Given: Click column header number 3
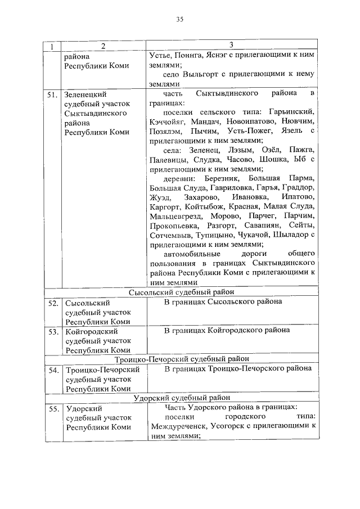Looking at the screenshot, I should pyautogui.click(x=231, y=44).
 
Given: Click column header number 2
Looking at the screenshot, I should pyautogui.click(x=103, y=46).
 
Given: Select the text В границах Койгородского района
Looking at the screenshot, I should pyautogui.click(x=227, y=330).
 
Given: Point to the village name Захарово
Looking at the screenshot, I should pyautogui.click(x=199, y=197).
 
